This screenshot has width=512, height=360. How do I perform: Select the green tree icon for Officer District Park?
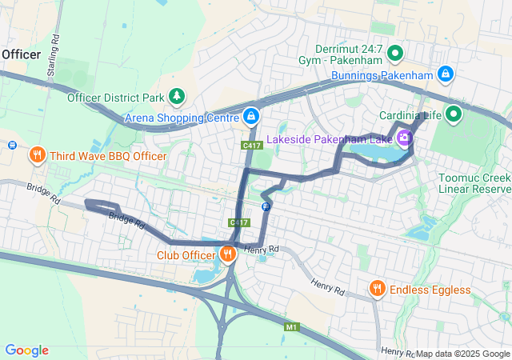[x=177, y=97]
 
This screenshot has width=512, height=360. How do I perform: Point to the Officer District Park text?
[x=115, y=98]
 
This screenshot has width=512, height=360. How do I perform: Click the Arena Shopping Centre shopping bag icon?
[x=251, y=117]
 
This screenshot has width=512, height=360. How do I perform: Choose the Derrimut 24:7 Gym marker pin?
[x=394, y=54]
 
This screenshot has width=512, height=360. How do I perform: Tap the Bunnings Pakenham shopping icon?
[x=446, y=76]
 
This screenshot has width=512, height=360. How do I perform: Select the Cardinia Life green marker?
[x=454, y=114]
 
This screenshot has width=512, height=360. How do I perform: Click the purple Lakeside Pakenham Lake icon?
[x=406, y=138]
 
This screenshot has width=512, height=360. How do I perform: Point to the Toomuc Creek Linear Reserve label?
[x=474, y=183]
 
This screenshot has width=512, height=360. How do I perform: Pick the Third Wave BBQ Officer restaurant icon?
[x=36, y=155]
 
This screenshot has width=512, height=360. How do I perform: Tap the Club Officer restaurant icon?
[x=228, y=255]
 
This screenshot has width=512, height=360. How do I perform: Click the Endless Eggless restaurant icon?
[x=377, y=288]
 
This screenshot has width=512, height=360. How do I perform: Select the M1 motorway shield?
[x=290, y=326]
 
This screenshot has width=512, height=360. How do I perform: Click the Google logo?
[x=26, y=350]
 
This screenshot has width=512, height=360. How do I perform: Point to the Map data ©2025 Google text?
[x=462, y=354]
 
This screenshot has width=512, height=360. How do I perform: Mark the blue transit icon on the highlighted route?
[x=266, y=206]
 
